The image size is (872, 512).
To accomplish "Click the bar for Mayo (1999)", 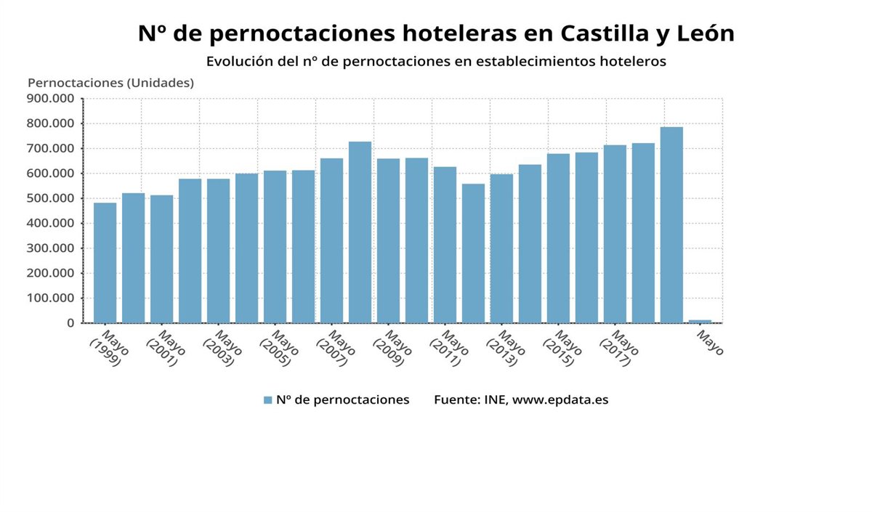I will coord(105,263).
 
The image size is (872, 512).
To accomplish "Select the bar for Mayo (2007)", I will coord(331,240).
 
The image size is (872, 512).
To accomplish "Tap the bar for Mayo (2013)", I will coord(501,248).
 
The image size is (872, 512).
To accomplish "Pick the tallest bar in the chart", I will coord(671,225).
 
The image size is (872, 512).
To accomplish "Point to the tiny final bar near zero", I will coord(700,321).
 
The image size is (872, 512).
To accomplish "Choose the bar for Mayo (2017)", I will coord(615,234).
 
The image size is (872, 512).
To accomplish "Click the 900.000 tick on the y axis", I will coord(50,99).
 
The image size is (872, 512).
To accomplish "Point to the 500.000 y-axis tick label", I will coord(50,198).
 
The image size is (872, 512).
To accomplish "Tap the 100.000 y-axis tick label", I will coord(50,298).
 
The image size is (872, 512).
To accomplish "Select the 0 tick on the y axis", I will coord(70,323).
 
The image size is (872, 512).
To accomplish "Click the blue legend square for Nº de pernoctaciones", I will coord(267,400).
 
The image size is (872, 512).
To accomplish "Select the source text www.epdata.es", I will coord(560,400).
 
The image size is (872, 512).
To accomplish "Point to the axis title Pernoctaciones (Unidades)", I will coord(110,83).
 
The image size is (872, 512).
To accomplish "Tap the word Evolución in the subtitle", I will coord(239,62).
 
